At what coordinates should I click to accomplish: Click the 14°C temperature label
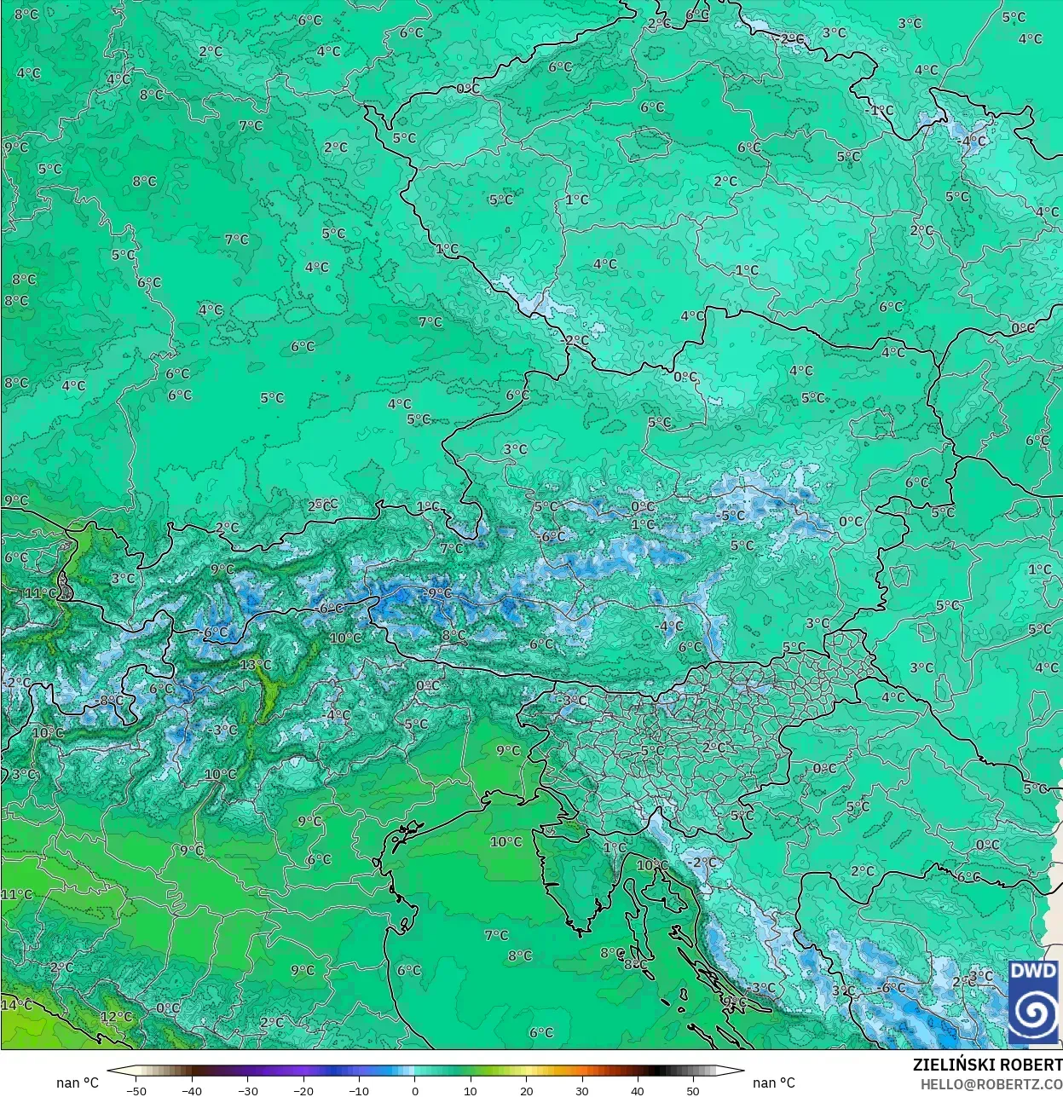click(16, 1005)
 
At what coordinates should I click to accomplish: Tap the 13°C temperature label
click(255, 665)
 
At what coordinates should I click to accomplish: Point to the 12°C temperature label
click(117, 1017)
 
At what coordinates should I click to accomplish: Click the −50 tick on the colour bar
click(136, 1090)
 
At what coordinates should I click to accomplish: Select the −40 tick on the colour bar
click(192, 1090)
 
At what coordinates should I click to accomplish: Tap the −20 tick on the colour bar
click(303, 1090)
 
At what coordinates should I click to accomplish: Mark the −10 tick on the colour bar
click(359, 1090)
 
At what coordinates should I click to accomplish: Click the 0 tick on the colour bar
click(415, 1090)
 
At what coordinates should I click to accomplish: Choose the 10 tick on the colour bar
click(471, 1090)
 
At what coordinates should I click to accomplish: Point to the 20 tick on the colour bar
click(526, 1090)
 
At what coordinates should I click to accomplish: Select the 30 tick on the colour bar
click(582, 1090)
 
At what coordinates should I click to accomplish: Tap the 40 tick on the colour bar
click(638, 1090)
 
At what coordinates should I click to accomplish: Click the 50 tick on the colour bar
click(693, 1090)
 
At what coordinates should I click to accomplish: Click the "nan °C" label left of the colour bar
click(78, 1083)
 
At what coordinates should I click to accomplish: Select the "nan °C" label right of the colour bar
click(774, 1083)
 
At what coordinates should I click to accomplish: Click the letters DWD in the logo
click(1033, 972)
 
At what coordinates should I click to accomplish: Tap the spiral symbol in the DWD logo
click(1033, 1013)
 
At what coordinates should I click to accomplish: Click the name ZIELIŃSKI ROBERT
click(987, 1065)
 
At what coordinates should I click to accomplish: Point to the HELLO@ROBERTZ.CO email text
click(991, 1083)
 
